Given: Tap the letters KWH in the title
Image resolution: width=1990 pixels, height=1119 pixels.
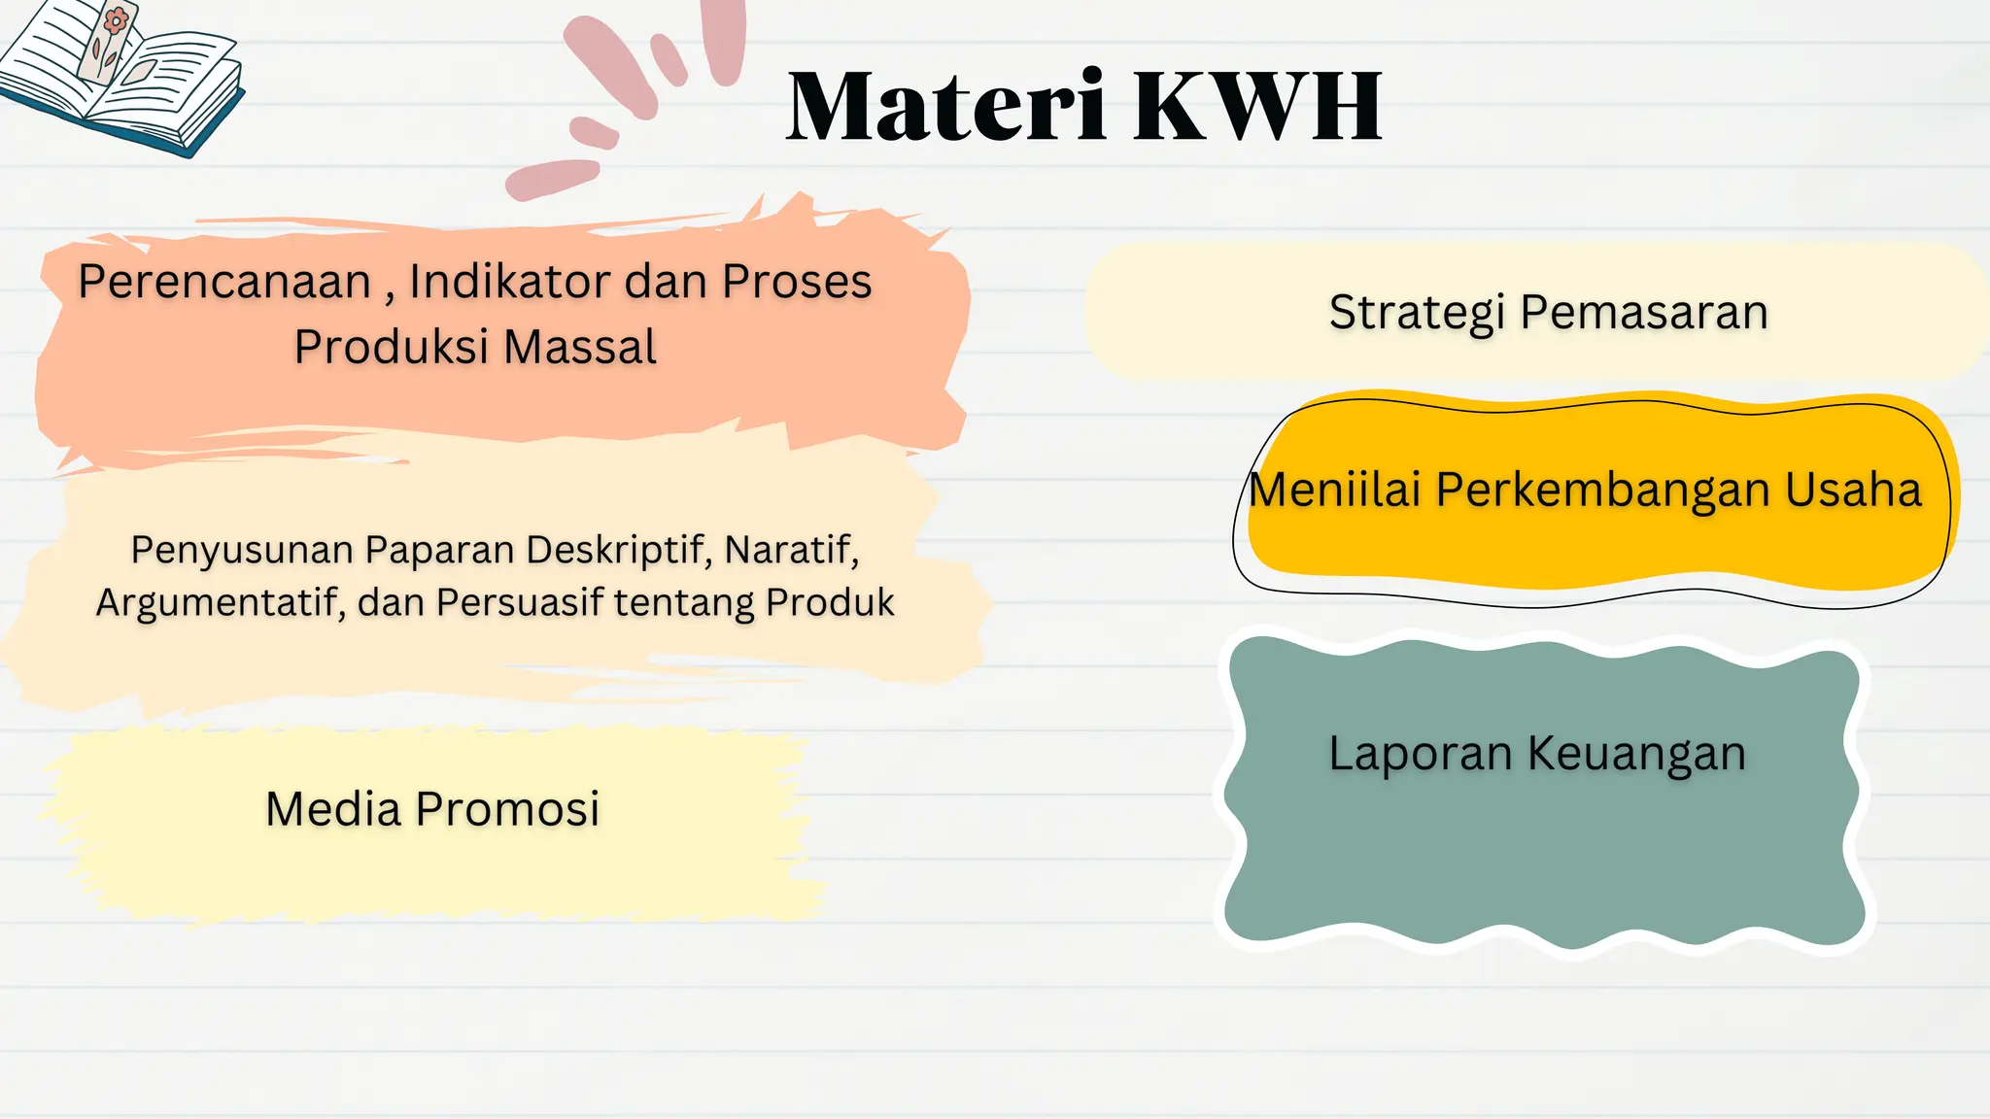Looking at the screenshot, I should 1257,107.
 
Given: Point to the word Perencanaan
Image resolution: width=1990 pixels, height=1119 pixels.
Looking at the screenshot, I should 224,282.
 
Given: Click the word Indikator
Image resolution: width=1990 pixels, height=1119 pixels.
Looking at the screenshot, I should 510,282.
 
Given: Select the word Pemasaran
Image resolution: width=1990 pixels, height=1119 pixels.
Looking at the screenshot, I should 1644,313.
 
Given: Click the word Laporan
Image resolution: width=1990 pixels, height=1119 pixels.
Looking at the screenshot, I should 1420,753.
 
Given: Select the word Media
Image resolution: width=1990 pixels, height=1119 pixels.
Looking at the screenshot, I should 332,809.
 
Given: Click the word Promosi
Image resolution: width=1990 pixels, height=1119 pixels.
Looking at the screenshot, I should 507,809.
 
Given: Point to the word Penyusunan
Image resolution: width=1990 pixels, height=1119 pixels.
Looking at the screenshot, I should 242,550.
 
